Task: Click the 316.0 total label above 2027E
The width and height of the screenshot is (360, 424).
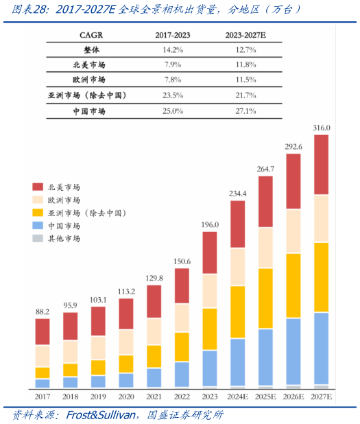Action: pyautogui.click(x=321, y=128)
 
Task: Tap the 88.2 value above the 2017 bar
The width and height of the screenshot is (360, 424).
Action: pyautogui.click(x=43, y=311)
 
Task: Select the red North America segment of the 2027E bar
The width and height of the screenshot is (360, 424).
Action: pyautogui.click(x=321, y=165)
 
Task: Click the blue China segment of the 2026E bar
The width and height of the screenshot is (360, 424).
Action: pyautogui.click(x=293, y=351)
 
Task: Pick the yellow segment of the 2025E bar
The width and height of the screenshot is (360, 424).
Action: pyautogui.click(x=265, y=298)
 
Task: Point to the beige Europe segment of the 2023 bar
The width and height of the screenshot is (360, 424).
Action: pyautogui.click(x=210, y=290)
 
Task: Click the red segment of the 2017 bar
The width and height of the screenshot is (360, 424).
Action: pyautogui.click(x=43, y=331)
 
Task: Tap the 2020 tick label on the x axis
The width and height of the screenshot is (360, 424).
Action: pyautogui.click(x=126, y=397)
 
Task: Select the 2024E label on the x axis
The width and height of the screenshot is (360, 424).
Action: pyautogui.click(x=237, y=397)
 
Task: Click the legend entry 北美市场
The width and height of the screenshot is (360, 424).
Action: pyautogui.click(x=64, y=187)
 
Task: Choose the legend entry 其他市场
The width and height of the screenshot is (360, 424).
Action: pyautogui.click(x=64, y=238)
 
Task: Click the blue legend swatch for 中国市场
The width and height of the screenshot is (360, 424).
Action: pyautogui.click(x=38, y=226)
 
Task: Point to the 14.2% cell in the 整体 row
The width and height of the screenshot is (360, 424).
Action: pyautogui.click(x=172, y=49)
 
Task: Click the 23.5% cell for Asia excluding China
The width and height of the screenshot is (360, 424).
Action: pyautogui.click(x=172, y=95)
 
